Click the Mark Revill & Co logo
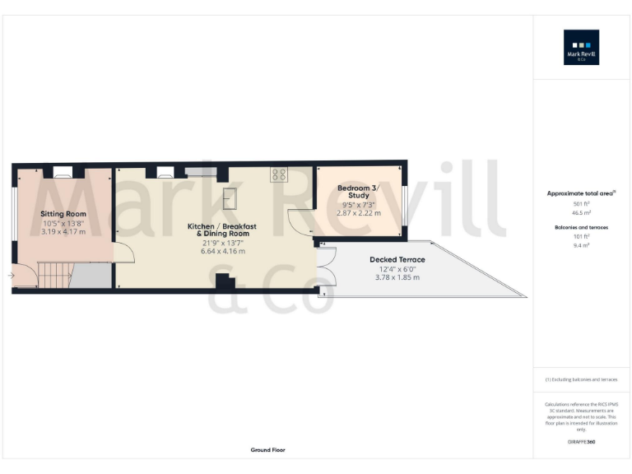click(x=581, y=47)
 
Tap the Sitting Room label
click(x=63, y=214)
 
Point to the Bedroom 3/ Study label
click(x=358, y=192)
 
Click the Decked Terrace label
click(x=397, y=259)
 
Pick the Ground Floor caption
click(x=268, y=450)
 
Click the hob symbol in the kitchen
click(x=278, y=174)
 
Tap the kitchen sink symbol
click(x=230, y=197)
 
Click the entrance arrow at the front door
click(x=11, y=276)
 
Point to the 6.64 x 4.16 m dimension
click(x=223, y=251)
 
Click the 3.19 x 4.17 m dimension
click(x=63, y=232)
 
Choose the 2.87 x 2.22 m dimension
click(x=359, y=213)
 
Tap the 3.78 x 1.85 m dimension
click(x=397, y=277)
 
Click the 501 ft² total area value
click(x=582, y=203)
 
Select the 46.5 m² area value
click(x=582, y=212)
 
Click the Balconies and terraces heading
click(x=582, y=225)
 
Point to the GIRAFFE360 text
click(x=582, y=442)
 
